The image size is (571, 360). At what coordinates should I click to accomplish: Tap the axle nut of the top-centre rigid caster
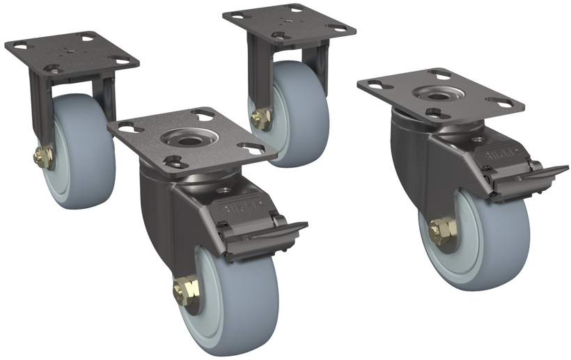[260, 119]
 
